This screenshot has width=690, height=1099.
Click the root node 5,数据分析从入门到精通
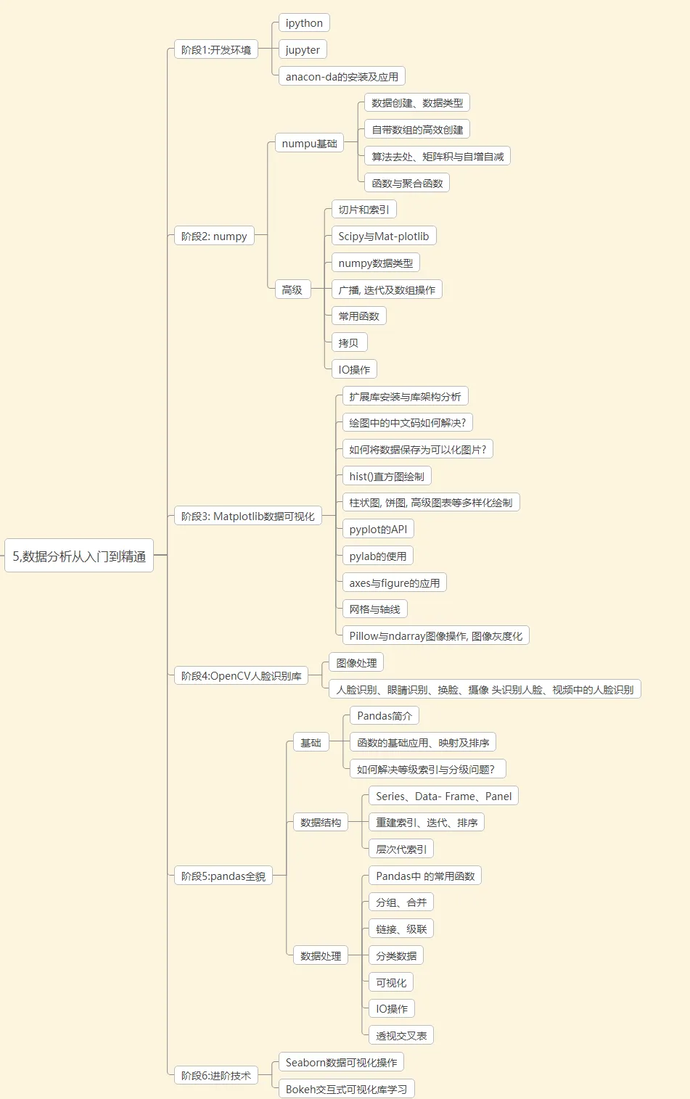click(x=79, y=556)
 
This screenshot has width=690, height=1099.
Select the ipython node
click(x=304, y=23)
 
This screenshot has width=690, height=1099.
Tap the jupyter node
click(x=303, y=50)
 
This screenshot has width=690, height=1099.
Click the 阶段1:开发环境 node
click(x=215, y=50)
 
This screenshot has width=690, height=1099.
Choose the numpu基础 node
click(x=309, y=144)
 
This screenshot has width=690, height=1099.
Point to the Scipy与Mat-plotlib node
click(x=383, y=236)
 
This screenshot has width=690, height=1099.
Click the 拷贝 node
click(x=348, y=343)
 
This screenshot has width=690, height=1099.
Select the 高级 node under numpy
click(x=292, y=290)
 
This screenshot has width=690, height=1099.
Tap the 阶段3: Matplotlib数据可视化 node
click(x=247, y=516)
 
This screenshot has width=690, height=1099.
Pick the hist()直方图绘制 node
click(x=386, y=477)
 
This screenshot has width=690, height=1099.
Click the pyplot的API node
click(x=378, y=530)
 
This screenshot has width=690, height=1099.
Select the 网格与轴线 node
click(x=374, y=609)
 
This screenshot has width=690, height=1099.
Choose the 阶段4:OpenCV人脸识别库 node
click(x=241, y=676)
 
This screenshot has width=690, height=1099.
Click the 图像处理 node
click(x=356, y=663)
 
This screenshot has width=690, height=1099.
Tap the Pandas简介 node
click(x=385, y=716)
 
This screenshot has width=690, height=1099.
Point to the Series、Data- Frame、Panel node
click(x=443, y=797)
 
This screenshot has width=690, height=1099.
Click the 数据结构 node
click(x=321, y=823)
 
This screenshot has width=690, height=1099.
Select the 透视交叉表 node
click(x=401, y=1036)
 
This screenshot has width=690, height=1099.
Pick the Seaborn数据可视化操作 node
click(x=341, y=1063)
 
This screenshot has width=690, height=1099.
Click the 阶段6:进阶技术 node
click(x=215, y=1076)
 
